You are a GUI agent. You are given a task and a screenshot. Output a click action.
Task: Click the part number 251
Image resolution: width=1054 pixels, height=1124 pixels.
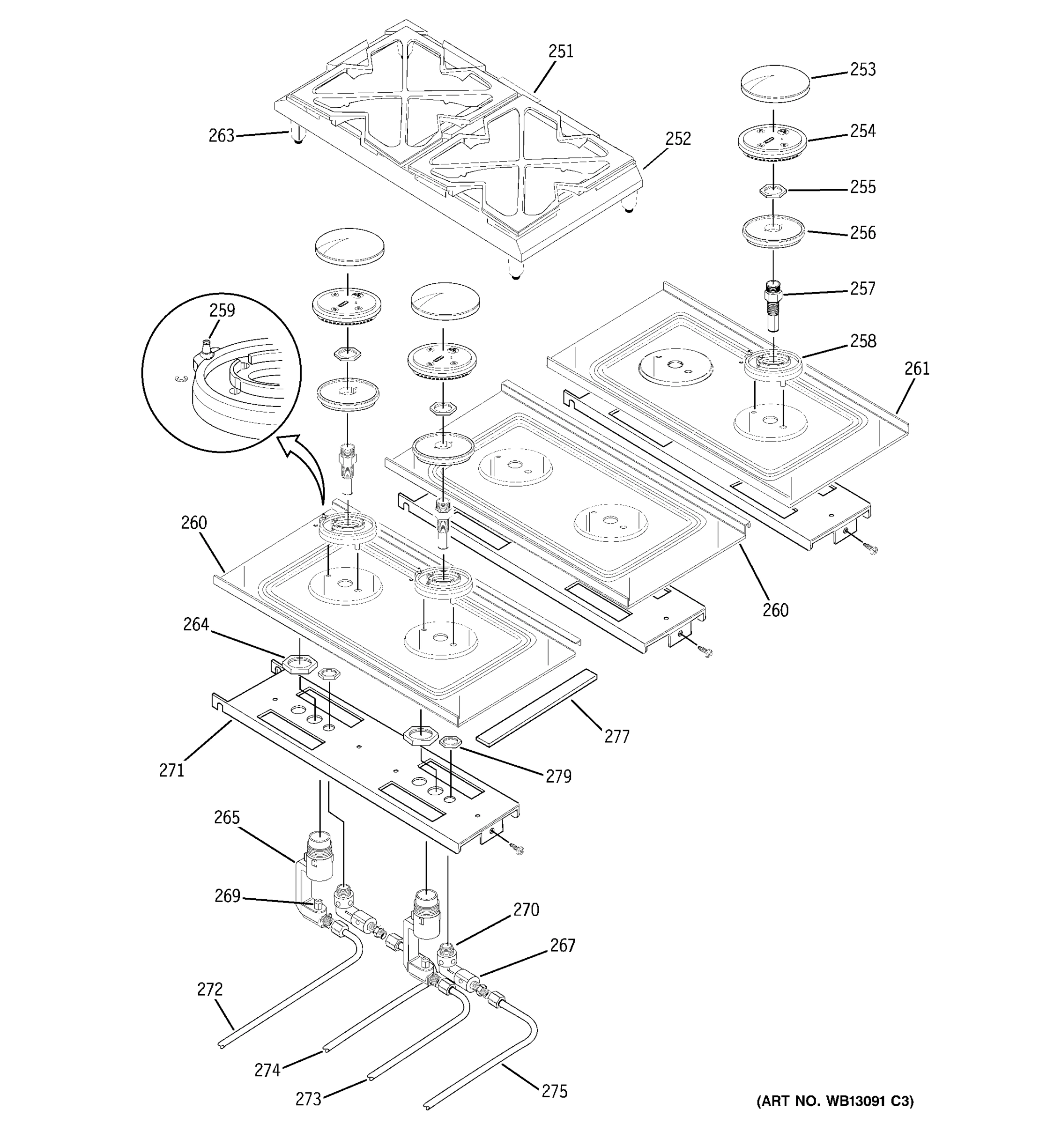click(x=560, y=52)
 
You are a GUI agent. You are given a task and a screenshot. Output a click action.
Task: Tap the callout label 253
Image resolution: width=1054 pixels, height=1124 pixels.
click(x=862, y=69)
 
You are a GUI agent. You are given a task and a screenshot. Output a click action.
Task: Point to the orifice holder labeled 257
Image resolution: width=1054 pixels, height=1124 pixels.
click(x=772, y=303)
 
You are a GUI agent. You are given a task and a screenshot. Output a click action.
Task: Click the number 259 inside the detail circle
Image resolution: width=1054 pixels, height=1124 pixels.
click(x=222, y=311)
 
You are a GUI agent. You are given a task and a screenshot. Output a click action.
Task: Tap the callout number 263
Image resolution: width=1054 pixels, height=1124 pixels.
click(x=221, y=136)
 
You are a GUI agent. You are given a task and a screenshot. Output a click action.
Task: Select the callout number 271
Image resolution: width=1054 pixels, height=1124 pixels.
click(x=171, y=770)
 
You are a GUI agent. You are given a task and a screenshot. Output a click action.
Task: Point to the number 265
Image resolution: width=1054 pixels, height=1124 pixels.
click(x=227, y=818)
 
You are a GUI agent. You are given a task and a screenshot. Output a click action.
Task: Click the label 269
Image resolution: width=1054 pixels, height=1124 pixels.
click(x=227, y=896)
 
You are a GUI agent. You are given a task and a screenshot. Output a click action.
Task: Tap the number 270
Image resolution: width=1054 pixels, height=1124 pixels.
click(x=526, y=910)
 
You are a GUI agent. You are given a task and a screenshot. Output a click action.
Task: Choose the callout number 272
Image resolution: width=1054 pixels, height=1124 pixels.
click(x=210, y=990)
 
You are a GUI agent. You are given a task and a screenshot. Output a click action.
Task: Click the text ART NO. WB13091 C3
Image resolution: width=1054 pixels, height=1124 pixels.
click(x=835, y=1101)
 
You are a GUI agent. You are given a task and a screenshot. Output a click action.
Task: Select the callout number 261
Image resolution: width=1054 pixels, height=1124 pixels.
click(x=917, y=369)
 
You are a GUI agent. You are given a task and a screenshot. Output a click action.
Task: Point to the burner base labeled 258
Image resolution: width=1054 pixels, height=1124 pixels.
click(x=773, y=366)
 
